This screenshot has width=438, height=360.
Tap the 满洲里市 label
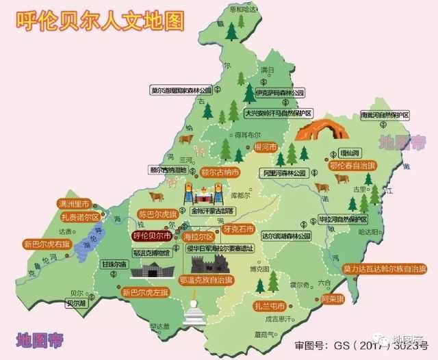[76, 203]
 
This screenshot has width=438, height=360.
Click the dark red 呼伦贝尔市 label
[152, 235]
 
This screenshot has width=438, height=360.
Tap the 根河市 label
[264, 147]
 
